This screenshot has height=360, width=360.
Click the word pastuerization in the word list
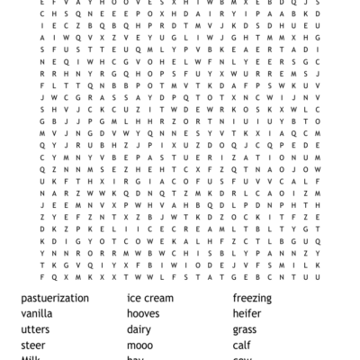(x=55, y=298)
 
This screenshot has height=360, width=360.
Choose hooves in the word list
(x=148, y=314)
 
